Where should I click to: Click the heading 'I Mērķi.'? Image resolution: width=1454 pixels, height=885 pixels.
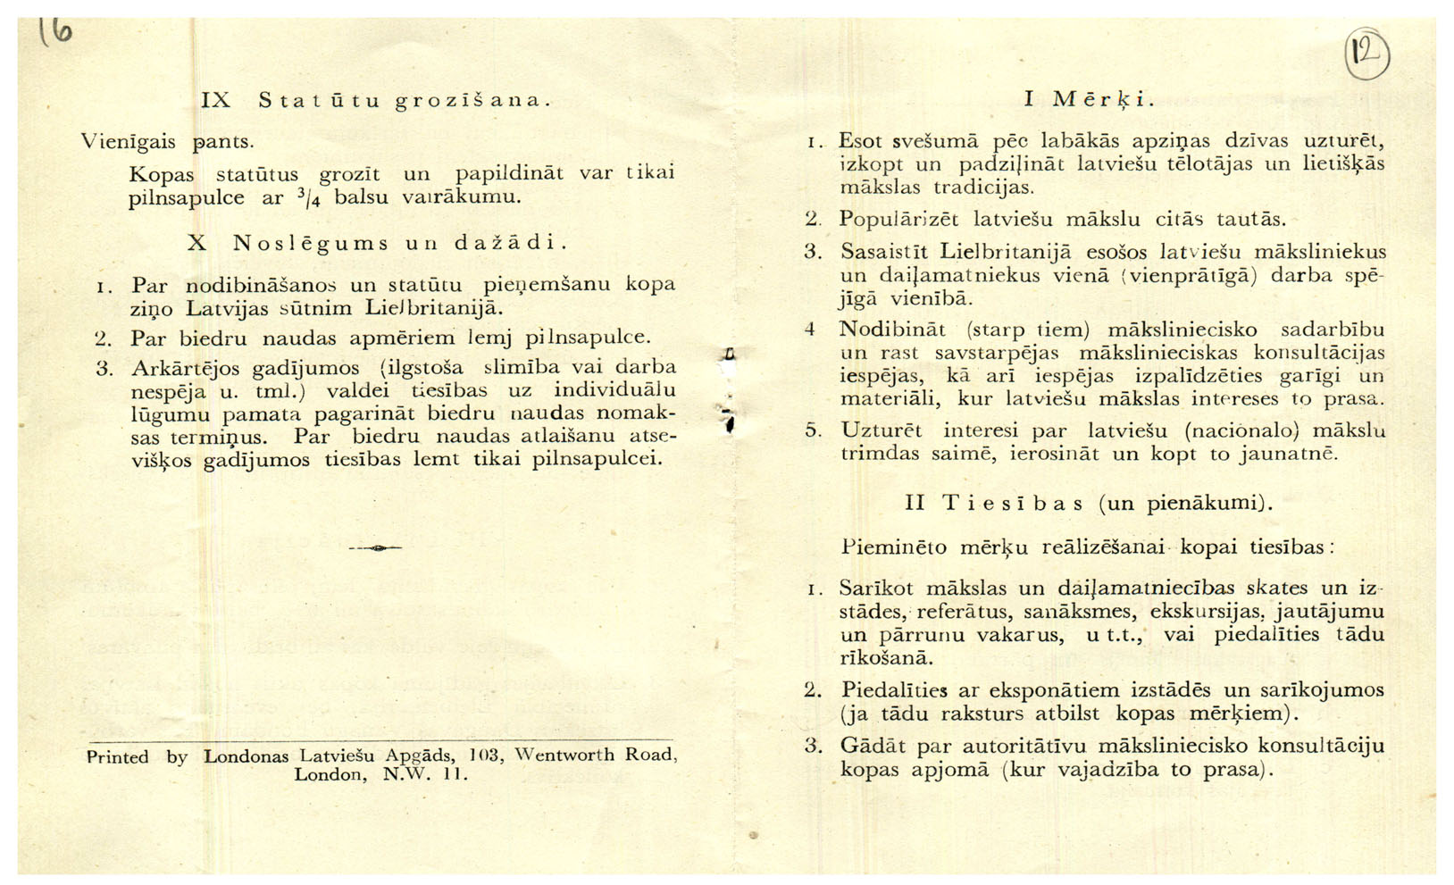click(1089, 99)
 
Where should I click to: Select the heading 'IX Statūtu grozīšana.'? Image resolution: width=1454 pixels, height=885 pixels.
click(375, 100)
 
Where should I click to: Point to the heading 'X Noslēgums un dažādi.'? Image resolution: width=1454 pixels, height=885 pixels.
click(378, 243)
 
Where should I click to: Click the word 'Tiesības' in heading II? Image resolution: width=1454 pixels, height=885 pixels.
click(1013, 503)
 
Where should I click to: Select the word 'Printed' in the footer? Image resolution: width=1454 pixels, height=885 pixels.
click(117, 757)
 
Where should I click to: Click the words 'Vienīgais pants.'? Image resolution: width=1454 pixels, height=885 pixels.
click(168, 141)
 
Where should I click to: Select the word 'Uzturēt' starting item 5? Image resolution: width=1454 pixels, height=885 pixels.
click(881, 430)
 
